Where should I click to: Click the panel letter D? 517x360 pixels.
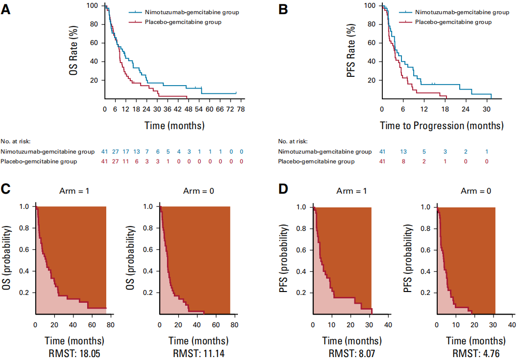click(x=283, y=188)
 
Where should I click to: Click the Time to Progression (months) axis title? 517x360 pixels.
click(x=442, y=125)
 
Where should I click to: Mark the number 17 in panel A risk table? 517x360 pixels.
click(x=126, y=151)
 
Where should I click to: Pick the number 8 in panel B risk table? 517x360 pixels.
click(x=404, y=161)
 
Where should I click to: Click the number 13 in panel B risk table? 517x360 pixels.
click(x=404, y=151)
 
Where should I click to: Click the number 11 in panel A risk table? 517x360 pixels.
click(x=126, y=161)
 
